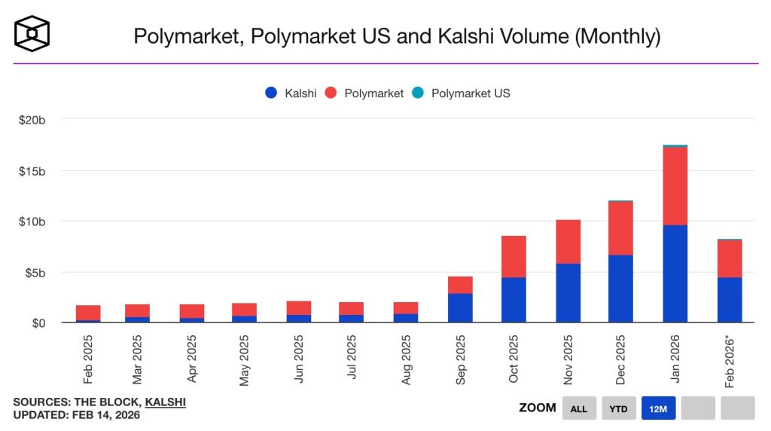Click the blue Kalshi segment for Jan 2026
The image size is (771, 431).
675,274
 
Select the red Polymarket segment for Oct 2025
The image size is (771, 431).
513,257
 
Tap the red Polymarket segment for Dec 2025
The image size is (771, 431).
620,228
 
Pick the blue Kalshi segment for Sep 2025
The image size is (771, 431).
460,307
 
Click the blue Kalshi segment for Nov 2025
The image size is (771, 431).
568,293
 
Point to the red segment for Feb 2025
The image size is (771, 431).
88,313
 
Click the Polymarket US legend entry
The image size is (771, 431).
462,93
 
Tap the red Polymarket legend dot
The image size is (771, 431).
331,93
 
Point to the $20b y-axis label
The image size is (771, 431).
32,120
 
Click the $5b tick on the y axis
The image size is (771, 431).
35,272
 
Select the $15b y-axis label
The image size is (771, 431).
32,171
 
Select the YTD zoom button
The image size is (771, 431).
618,408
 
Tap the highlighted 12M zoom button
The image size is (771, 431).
658,408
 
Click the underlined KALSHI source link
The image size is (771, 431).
165,402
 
